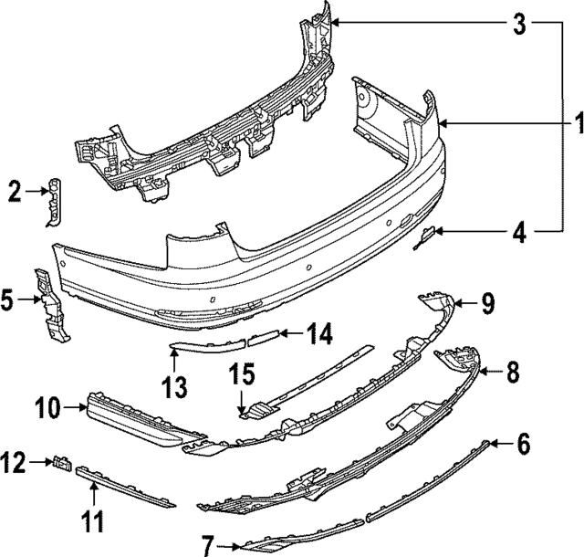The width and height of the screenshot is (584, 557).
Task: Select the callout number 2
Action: point(14,192)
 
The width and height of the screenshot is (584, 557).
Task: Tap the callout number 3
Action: point(518,24)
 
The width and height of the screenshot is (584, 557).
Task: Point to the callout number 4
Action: point(518,234)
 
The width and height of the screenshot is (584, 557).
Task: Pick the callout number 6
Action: point(522,445)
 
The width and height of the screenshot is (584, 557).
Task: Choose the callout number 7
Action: point(208,546)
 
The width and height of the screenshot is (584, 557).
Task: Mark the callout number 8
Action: point(512,372)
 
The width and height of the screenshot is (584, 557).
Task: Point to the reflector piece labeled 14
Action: point(262,339)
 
